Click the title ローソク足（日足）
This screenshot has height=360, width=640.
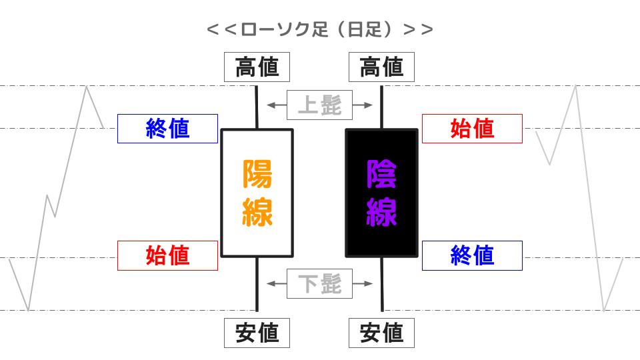319,29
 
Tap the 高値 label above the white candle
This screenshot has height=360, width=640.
257,67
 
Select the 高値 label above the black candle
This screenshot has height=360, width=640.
381,67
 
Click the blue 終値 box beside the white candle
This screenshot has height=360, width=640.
167,129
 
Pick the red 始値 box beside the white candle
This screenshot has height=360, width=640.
167,255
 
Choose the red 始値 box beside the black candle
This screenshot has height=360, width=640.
472,129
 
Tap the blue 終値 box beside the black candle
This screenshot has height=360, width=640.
472,255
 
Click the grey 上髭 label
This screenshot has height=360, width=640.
319,105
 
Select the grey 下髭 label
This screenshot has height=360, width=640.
319,284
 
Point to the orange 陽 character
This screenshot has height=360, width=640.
257,174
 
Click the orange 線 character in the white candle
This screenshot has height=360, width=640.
257,212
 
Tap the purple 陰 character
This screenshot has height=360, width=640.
381,174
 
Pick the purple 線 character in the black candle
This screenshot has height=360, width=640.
381,212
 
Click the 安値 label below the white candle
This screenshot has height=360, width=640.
257,333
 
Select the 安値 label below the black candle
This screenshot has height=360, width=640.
381,333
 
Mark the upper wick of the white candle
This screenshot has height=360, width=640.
257,107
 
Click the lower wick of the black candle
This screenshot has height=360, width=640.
382,284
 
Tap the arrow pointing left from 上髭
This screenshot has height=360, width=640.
277,105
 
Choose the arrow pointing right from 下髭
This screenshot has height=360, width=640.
363,284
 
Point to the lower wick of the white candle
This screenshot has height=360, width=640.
257,284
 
